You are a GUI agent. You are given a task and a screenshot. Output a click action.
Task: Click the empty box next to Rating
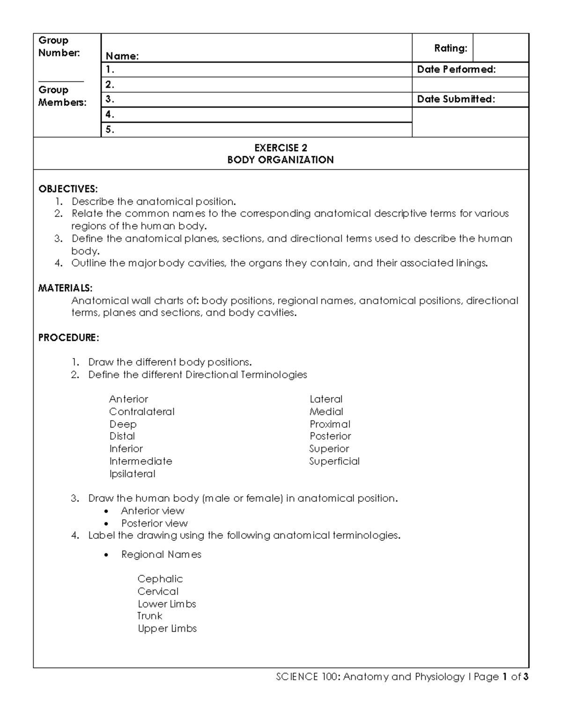click(501, 48)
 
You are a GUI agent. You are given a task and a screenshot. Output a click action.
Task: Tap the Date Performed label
click(456, 70)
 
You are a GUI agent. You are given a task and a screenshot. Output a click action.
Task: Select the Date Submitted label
click(456, 99)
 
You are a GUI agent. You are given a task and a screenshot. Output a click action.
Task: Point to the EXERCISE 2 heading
click(281, 148)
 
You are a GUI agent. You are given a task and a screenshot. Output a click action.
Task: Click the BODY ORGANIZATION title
click(281, 160)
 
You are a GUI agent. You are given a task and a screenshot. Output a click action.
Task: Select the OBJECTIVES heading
click(68, 189)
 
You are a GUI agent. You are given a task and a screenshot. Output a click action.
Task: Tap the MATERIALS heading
click(65, 288)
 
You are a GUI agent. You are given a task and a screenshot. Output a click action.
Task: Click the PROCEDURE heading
click(68, 338)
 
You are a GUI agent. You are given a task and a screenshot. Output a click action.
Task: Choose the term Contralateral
click(142, 412)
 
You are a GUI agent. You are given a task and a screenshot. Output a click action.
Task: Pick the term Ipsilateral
click(133, 474)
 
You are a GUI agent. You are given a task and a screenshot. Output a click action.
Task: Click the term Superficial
click(334, 461)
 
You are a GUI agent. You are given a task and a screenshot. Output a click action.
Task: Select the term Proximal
click(330, 424)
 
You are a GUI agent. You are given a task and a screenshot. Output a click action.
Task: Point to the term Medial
click(326, 412)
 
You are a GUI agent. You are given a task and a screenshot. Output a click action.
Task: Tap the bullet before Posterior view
click(108, 524)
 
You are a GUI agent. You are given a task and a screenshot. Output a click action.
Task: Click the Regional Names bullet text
click(161, 555)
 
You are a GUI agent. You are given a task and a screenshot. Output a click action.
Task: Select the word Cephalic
click(160, 579)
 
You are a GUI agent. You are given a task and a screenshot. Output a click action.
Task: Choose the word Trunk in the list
click(150, 616)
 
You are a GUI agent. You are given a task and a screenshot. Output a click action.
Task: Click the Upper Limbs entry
click(167, 629)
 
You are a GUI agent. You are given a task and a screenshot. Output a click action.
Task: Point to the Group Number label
click(59, 47)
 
